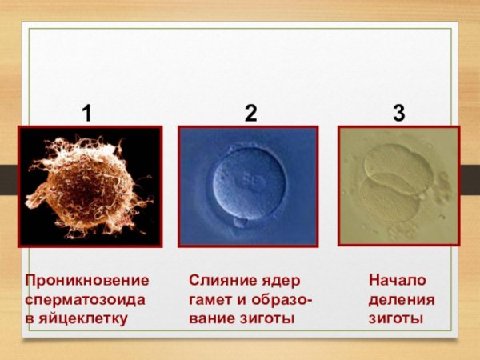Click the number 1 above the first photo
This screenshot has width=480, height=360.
point(86,114)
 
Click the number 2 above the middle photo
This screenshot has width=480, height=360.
point(250,114)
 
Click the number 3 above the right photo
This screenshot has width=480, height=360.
point(398,114)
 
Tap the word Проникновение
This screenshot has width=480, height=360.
point(87,281)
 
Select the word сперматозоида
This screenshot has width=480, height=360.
point(85,299)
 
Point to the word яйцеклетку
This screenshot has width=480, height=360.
point(84,318)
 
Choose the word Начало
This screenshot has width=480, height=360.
point(398,281)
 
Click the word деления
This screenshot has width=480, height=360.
point(402,299)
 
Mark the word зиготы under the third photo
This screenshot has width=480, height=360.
point(395,318)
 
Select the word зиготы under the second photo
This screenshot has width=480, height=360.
point(269,318)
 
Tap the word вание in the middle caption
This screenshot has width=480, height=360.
point(210,318)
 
